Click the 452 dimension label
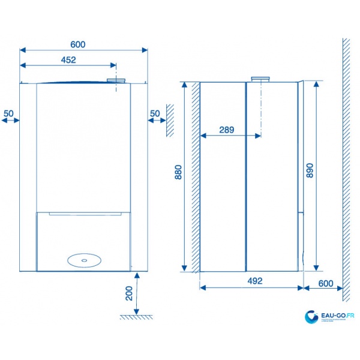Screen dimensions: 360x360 tap(68, 59)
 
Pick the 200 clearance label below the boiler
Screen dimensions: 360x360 tap(128, 293)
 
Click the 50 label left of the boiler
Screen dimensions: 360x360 tap(8, 113)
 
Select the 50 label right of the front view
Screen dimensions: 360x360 tap(155, 113)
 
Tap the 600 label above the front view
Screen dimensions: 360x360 tap(78, 44)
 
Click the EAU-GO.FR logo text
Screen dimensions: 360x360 tap(337, 314)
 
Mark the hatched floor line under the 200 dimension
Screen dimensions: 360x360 tap(135, 316)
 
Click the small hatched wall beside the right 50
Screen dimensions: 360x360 tap(170, 118)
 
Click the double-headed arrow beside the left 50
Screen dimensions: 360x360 tap(10, 121)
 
